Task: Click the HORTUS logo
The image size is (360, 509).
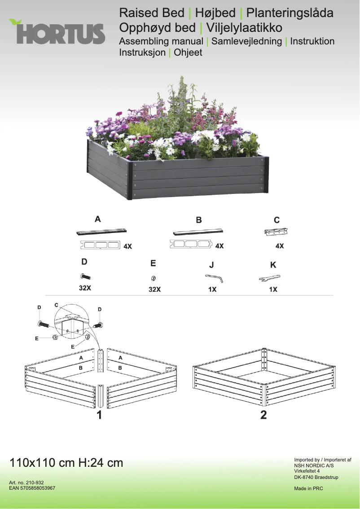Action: click(x=57, y=32)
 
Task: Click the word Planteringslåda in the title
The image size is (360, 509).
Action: click(x=290, y=13)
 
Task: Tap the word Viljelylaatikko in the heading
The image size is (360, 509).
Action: click(x=243, y=28)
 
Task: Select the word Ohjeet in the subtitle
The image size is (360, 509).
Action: click(x=188, y=53)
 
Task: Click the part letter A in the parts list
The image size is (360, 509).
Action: click(x=97, y=219)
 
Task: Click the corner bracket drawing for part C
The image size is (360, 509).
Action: click(x=276, y=232)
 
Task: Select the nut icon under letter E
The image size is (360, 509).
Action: click(x=154, y=278)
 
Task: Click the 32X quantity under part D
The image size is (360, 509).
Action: click(x=85, y=288)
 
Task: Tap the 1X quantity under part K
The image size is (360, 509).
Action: click(x=273, y=290)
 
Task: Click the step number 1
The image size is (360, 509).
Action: click(x=99, y=415)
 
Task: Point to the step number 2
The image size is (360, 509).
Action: click(x=263, y=415)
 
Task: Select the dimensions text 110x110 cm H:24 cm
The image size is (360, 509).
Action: click(x=66, y=463)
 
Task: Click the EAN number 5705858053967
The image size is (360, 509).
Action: click(x=32, y=488)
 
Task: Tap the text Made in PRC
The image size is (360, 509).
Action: click(x=308, y=488)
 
